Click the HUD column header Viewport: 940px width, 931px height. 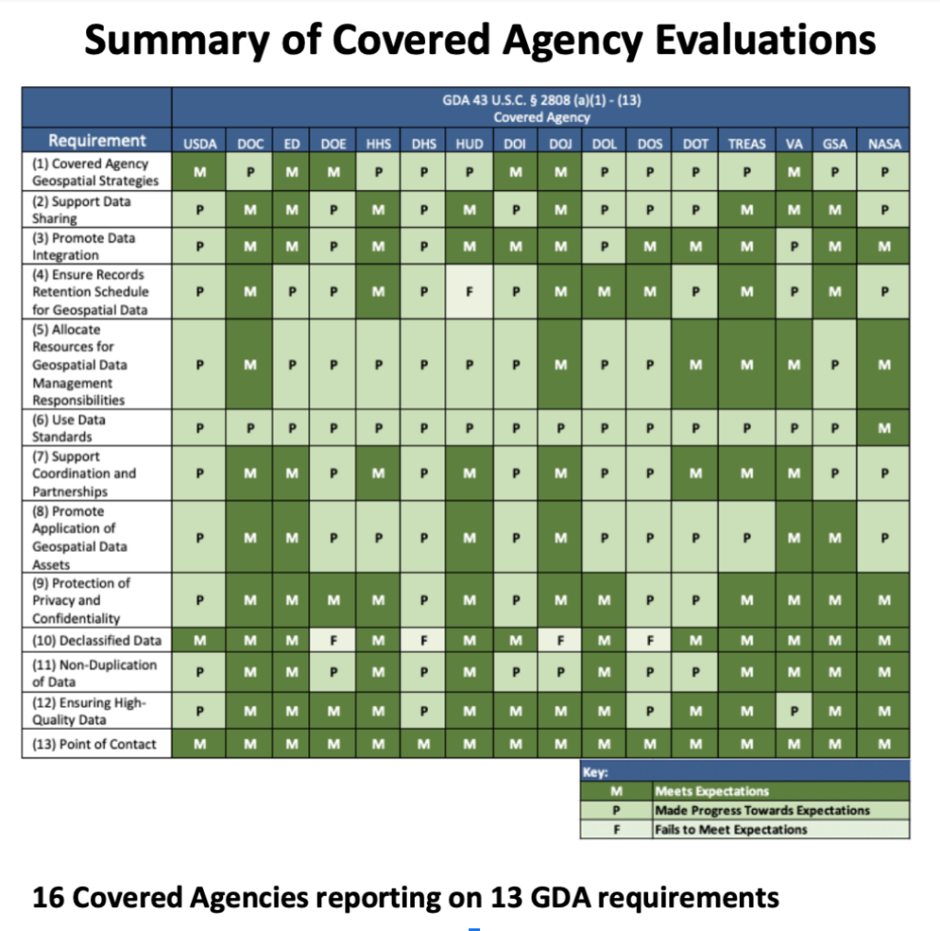469,143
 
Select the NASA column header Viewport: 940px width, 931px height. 882,143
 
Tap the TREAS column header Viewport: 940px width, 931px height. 745,143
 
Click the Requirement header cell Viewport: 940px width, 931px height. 97,140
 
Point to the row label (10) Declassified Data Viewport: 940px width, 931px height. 96,640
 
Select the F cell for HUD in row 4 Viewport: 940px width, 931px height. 469,292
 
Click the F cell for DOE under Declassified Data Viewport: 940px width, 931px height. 333,640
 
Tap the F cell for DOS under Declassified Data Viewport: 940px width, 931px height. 649,640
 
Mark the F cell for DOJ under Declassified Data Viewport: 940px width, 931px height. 559,640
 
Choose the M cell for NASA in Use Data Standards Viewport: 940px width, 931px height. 882,428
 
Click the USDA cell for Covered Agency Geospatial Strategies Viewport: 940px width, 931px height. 199,172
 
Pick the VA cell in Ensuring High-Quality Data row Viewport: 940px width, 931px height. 794,708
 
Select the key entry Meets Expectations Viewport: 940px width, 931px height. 711,791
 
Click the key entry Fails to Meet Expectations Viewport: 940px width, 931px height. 731,829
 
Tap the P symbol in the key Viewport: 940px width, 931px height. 615,810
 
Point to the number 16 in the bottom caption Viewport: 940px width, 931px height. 49,896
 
